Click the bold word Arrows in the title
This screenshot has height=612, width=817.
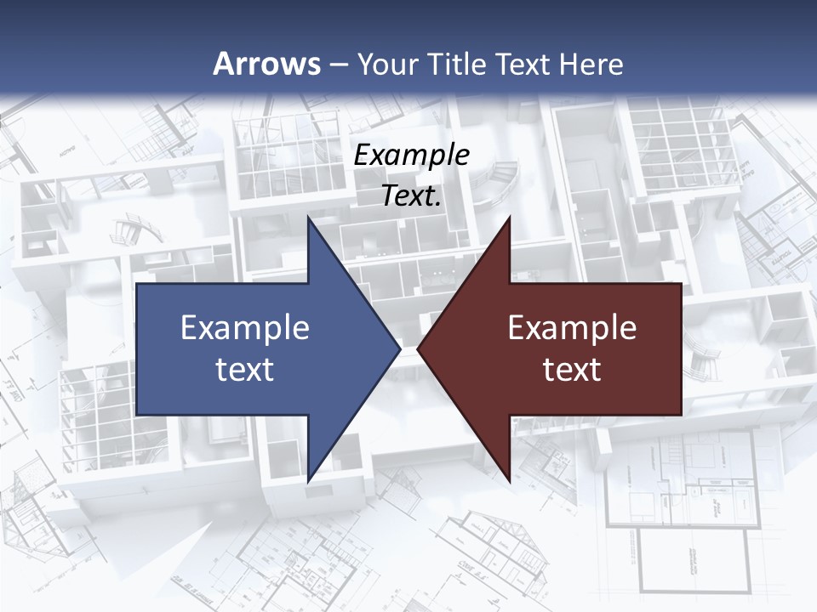[x=267, y=64]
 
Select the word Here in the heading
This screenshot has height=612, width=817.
[x=591, y=64]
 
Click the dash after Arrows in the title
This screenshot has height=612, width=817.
[x=338, y=65]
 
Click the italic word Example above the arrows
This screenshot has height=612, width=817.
[x=412, y=155]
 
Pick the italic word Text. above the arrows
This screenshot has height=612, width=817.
[x=412, y=195]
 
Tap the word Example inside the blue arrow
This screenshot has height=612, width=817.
[x=244, y=328]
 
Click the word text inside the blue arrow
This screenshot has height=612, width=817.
[x=244, y=370]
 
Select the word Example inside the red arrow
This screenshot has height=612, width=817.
[x=572, y=328]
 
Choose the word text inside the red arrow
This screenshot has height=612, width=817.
[x=572, y=370]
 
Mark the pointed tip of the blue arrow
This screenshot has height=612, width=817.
[x=400, y=348]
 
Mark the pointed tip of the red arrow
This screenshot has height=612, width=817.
[x=418, y=348]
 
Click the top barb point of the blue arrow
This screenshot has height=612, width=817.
[x=308, y=216]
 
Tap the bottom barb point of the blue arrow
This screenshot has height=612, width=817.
[x=308, y=482]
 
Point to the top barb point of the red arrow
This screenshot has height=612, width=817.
[x=510, y=216]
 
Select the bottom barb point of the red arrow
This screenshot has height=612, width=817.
[x=510, y=482]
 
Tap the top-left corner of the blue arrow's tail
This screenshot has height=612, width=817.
[x=137, y=284]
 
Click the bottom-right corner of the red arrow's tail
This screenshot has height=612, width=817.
[x=681, y=415]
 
